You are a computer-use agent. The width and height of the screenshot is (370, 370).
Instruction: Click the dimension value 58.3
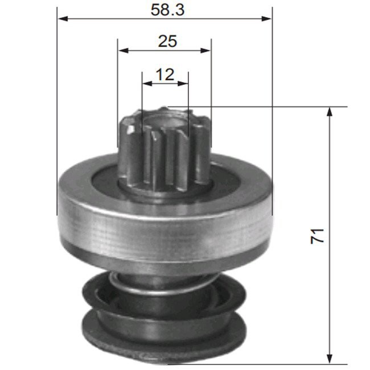(x=165, y=10)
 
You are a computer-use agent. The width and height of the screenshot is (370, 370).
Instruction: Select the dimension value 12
(x=165, y=73)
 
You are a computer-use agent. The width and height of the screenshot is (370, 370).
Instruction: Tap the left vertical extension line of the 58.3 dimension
(x=57, y=114)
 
